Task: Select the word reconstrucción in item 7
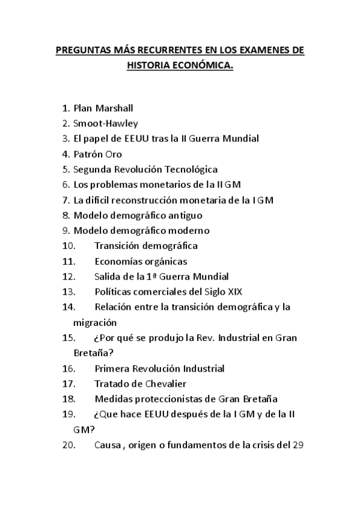coord(142,200)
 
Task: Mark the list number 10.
coord(69,246)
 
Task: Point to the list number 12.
coord(69,277)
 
